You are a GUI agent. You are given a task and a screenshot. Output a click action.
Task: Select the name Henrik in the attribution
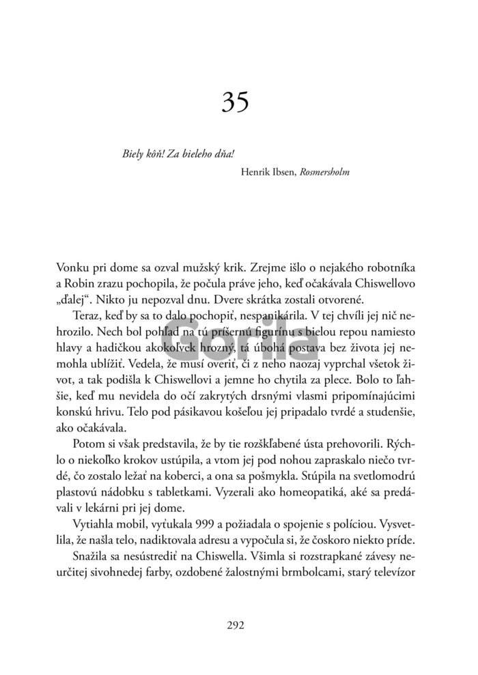pyautogui.click(x=257, y=173)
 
